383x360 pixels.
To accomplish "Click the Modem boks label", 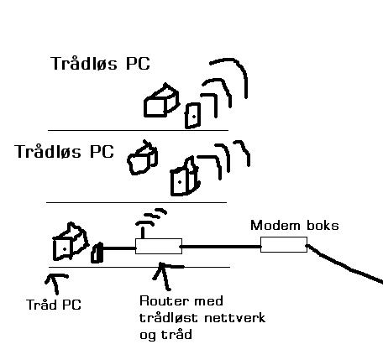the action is tap(295, 226).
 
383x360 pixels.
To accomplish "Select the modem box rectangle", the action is tap(284, 244).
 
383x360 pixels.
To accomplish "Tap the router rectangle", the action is tap(159, 246).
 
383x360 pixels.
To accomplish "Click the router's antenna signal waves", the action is tap(152, 217).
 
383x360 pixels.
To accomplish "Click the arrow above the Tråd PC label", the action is tap(55, 283).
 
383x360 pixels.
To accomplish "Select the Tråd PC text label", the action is tap(54, 305).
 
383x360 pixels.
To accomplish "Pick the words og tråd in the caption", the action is tap(165, 335).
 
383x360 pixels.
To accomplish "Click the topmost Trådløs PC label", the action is tap(100, 64).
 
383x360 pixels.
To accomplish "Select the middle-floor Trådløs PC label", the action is tap(64, 152).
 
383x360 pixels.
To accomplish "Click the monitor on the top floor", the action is tap(161, 100).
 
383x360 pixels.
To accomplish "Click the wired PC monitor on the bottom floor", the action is tap(71, 242).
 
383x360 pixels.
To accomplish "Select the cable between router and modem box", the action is tap(221, 247).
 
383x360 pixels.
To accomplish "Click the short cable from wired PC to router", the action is tap(119, 248).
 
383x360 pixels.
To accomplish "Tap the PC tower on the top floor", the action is tap(192, 116).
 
